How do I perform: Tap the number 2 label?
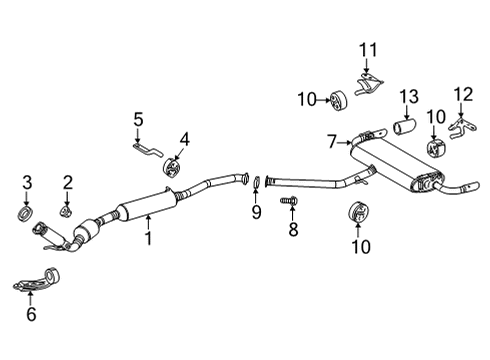point(68,181)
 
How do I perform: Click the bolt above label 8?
point(292,202)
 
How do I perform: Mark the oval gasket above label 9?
point(256,182)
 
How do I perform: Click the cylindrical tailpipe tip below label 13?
point(404,130)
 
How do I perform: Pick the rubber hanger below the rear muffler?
point(356,214)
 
